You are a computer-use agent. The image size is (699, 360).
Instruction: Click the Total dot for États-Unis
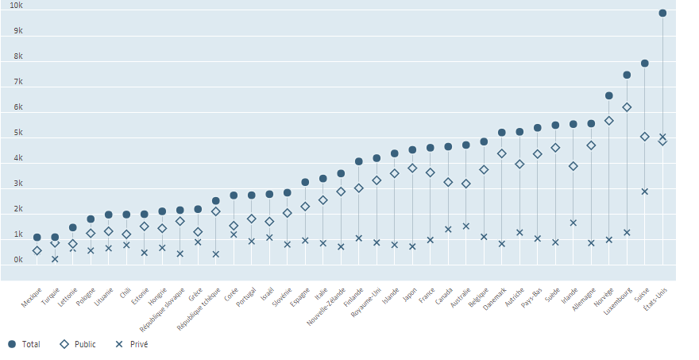[x=662, y=14]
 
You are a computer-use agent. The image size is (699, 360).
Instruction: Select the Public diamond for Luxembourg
[x=627, y=107]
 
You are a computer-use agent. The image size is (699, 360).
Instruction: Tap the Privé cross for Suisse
[x=645, y=192]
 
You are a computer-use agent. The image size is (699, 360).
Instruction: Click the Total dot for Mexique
[x=37, y=238]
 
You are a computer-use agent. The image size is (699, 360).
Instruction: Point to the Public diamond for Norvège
[x=609, y=121]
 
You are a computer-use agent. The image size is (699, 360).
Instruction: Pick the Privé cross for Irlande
[x=573, y=223]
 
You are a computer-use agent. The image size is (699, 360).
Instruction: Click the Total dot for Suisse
[x=645, y=64]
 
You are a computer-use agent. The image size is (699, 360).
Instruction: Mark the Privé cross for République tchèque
[x=215, y=254]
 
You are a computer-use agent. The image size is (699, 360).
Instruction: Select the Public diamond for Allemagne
[x=591, y=145]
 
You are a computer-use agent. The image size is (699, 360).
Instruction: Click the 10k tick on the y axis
[x=15, y=6]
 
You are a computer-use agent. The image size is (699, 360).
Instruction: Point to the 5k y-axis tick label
[x=17, y=133]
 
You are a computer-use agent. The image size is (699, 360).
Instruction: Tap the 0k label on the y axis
[x=17, y=260]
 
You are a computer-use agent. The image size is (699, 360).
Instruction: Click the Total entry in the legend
[x=25, y=344]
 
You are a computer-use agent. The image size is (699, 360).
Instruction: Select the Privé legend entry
[x=133, y=344]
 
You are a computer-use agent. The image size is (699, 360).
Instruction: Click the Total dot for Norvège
[x=609, y=96]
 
